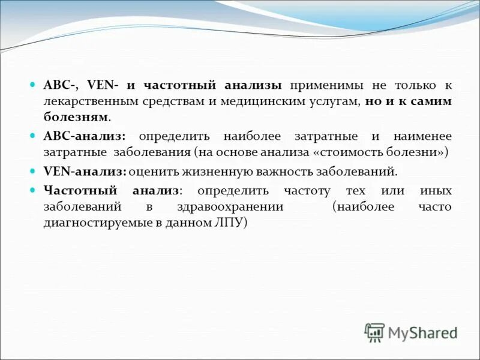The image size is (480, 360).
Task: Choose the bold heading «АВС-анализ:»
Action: [x=85, y=136]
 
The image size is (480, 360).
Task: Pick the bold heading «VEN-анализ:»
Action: [x=85, y=172]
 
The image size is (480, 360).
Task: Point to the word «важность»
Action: [x=269, y=172]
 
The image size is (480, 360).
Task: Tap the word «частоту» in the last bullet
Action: [x=308, y=191]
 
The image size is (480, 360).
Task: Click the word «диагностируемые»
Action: [x=90, y=222]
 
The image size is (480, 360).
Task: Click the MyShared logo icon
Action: [x=374, y=332]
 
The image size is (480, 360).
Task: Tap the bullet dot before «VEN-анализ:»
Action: [x=33, y=172]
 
